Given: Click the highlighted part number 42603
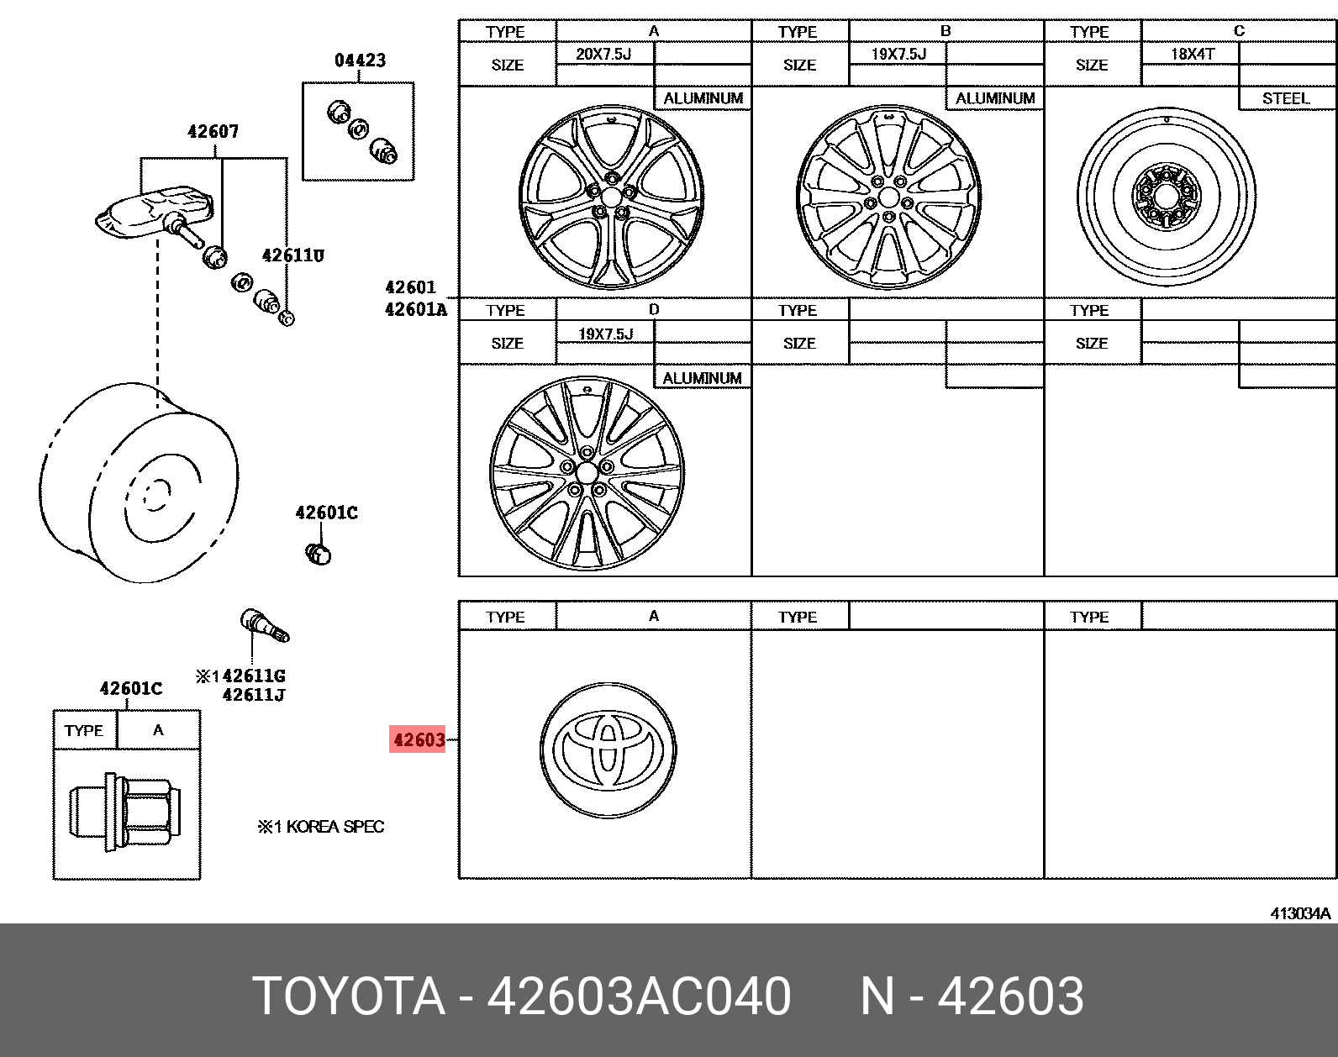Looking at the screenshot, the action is pos(417,739).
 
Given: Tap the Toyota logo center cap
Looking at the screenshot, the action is pos(608,750).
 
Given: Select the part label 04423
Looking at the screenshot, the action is pos(360,60).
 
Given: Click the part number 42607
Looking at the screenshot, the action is pos(213,131).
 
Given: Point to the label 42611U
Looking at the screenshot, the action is pos(292,255).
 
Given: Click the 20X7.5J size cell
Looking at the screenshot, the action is pos(603,54).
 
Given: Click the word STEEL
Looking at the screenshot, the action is pos(1286,98).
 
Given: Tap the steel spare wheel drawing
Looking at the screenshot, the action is pos(1167,197).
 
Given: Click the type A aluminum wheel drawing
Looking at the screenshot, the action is pos(611,197).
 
